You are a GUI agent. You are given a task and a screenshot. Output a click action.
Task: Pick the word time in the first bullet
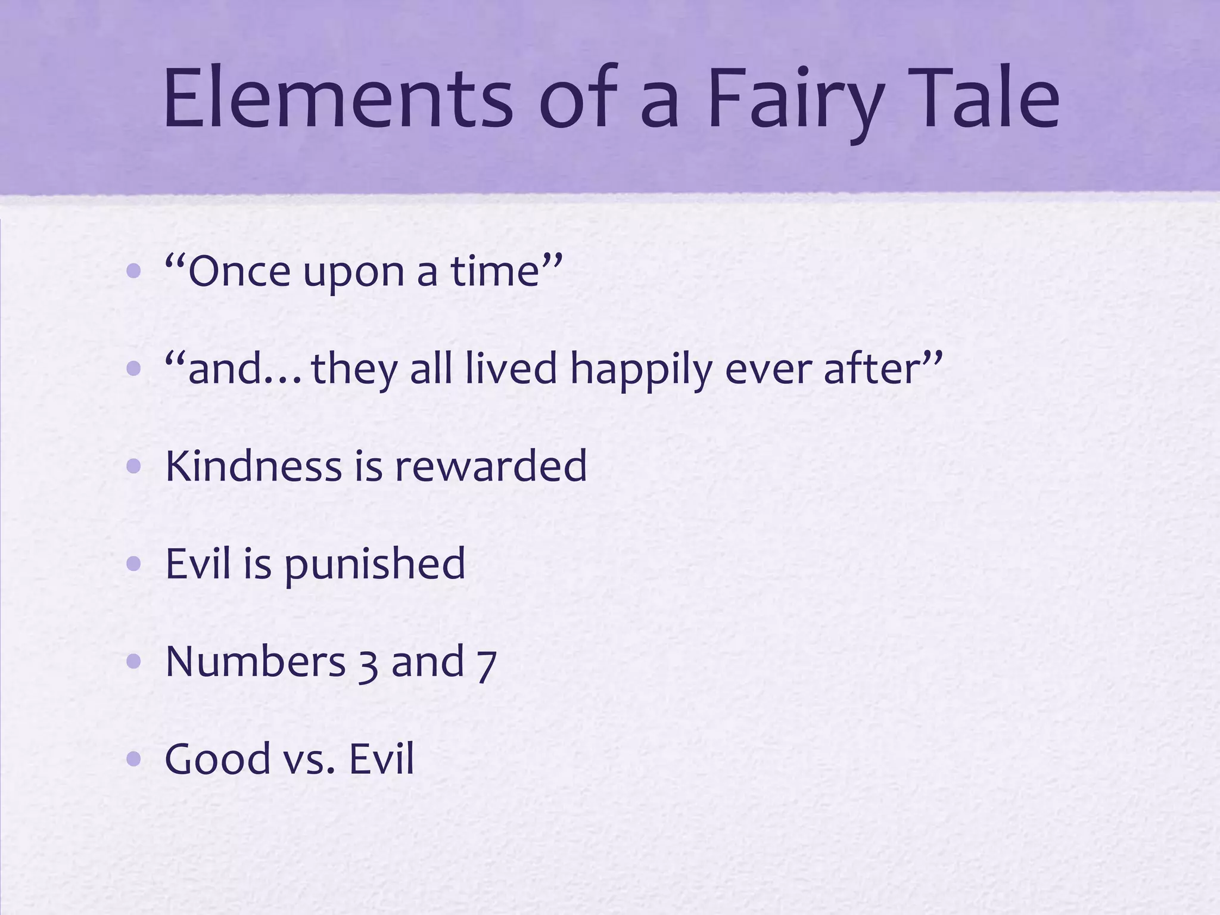coord(494,272)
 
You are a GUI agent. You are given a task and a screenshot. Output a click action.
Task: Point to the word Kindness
coord(254,466)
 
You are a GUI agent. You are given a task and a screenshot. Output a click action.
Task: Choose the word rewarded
coord(491,466)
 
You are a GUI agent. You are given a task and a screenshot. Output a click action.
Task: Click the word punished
coord(375,565)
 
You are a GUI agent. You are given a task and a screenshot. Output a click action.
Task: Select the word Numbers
coord(255,661)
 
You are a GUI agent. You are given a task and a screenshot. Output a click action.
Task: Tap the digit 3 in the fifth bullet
coord(368,664)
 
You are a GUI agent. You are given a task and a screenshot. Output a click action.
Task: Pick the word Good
coord(217,759)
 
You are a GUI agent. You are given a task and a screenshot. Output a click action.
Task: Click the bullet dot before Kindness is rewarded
coord(134,466)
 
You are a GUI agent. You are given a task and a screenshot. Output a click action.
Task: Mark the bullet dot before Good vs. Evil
coord(134,759)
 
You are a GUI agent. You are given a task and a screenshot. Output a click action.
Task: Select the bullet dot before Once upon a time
coord(134,272)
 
